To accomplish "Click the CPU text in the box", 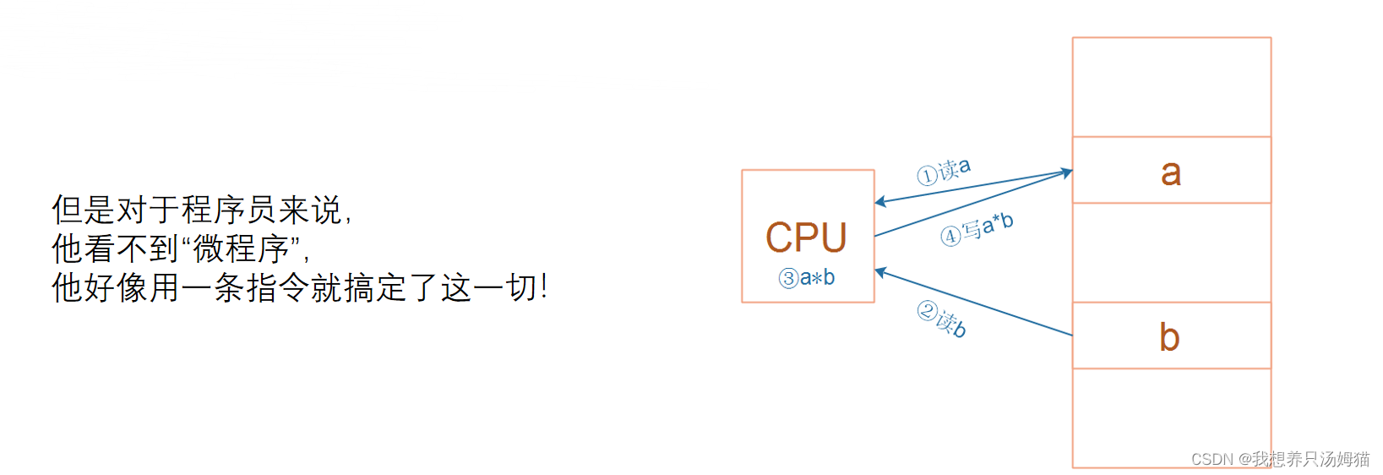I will [806, 237].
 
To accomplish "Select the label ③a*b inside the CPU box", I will [807, 278].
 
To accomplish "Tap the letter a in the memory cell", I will [1170, 172].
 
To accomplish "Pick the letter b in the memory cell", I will [1169, 337].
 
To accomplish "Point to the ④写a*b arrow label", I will [977, 228].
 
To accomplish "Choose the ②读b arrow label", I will [942, 319].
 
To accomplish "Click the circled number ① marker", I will [927, 176].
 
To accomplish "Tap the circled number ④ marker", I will [950, 236].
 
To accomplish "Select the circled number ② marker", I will [927, 312].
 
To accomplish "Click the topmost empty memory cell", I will [1171, 87].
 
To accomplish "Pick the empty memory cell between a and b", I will [1171, 253].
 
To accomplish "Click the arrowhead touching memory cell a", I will [1066, 173].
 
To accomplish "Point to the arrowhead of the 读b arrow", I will [880, 272].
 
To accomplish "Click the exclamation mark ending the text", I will [543, 287].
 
